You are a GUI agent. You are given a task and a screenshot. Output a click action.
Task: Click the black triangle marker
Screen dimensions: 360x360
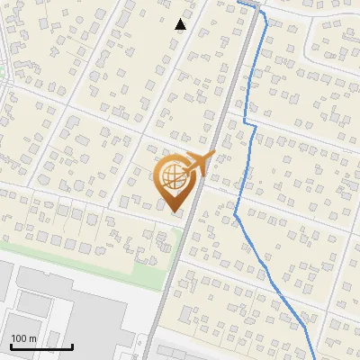(180, 24)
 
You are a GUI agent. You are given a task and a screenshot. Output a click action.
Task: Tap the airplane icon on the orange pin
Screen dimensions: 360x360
(198, 165)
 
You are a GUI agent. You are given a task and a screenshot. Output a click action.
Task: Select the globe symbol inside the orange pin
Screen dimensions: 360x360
(172, 177)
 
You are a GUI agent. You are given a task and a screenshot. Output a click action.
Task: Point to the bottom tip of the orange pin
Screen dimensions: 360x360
(174, 212)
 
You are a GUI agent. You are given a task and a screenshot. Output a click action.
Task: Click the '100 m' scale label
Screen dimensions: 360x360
(24, 338)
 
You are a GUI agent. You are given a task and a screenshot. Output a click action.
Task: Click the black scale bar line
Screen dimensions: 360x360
(40, 346)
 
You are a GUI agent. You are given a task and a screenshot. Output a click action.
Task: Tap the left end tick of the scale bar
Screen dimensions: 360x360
(10, 345)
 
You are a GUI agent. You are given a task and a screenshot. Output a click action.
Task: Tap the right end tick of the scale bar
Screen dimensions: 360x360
(72, 345)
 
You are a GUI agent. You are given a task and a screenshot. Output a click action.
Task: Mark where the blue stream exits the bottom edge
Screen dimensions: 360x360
(314, 357)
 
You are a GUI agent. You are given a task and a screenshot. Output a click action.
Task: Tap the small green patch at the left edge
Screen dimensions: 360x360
(2, 70)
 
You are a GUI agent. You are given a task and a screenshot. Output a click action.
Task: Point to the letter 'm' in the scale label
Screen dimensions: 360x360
(32, 338)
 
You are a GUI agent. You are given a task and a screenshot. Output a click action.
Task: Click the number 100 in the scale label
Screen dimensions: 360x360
(19, 338)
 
